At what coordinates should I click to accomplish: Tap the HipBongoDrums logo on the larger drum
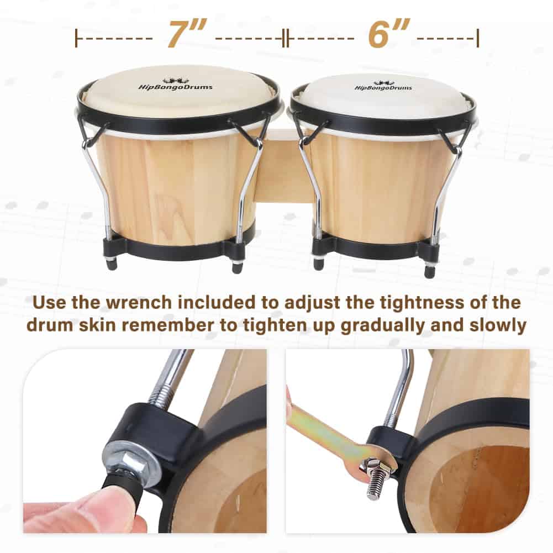click(176, 85)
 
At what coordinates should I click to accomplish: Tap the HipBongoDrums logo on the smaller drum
click(383, 85)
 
